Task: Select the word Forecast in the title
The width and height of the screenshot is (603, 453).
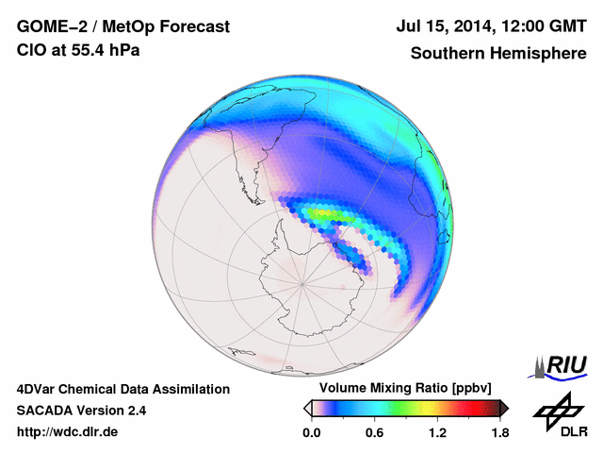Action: pyautogui.click(x=192, y=28)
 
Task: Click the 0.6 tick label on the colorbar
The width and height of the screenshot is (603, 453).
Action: pyautogui.click(x=374, y=433)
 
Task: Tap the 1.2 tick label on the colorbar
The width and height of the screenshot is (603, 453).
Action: pyautogui.click(x=437, y=433)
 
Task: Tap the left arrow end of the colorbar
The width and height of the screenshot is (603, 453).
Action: pyautogui.click(x=307, y=408)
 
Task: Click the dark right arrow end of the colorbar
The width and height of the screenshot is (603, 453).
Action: pyautogui.click(x=504, y=408)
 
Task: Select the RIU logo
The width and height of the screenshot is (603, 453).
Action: pyautogui.click(x=560, y=363)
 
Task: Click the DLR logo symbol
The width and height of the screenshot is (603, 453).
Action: pyautogui.click(x=556, y=411)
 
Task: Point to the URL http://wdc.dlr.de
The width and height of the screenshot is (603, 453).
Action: pyautogui.click(x=68, y=433)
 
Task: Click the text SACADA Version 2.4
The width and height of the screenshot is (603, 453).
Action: pyautogui.click(x=82, y=411)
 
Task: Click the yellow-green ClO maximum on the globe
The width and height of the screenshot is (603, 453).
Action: pyautogui.click(x=325, y=215)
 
